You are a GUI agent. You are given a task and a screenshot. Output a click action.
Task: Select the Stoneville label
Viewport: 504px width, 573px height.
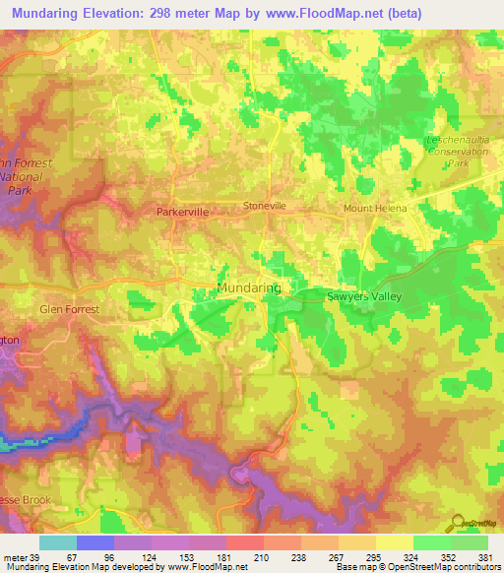click(x=264, y=207)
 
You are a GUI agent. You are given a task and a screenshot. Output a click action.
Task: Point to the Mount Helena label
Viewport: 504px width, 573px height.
click(x=374, y=209)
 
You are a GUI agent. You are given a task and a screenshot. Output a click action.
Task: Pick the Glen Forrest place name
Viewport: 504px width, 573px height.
click(x=70, y=308)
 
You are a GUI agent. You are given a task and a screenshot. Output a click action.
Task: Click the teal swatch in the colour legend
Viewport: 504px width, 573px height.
click(x=58, y=542)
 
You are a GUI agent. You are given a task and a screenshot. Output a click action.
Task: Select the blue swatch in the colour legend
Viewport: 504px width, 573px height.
click(x=95, y=542)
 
